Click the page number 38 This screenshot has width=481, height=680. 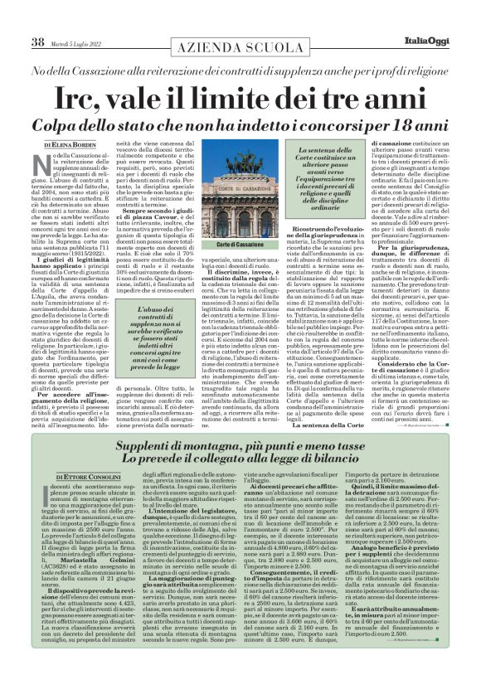(x=38, y=42)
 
